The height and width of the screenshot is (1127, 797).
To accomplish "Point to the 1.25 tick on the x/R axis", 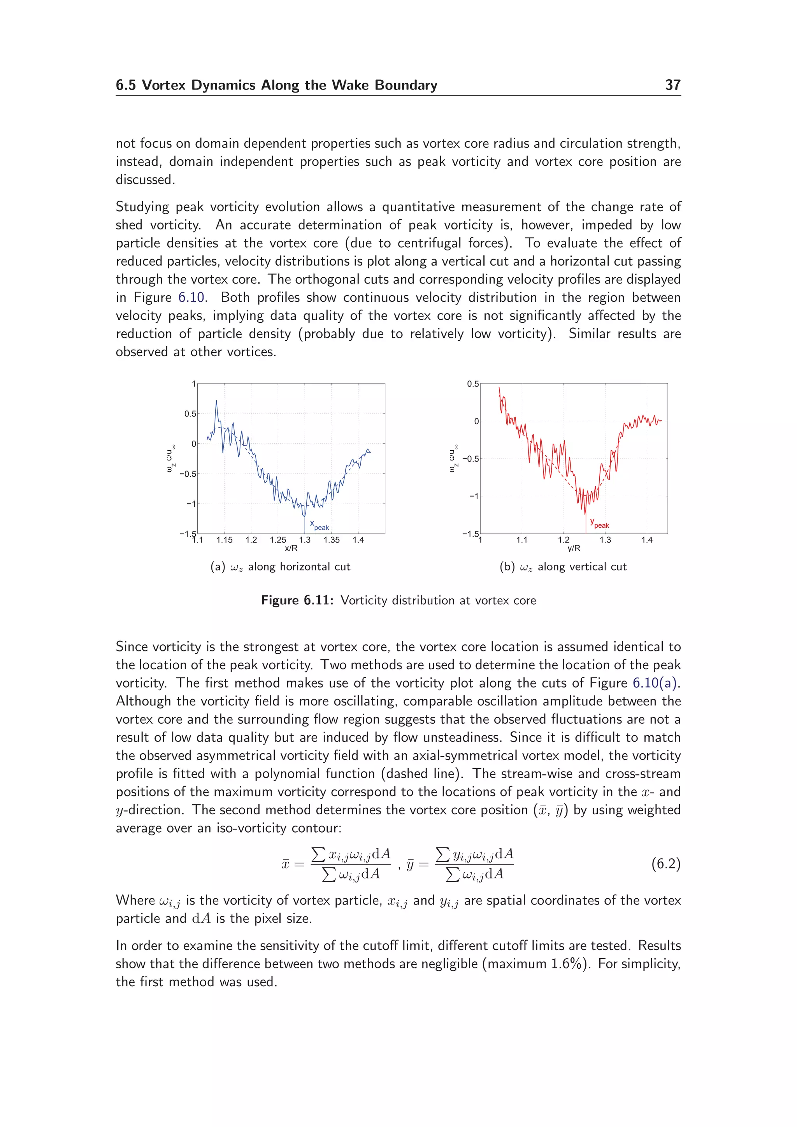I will click(x=278, y=540).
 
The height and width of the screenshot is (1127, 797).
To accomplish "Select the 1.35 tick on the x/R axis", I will click(x=332, y=540).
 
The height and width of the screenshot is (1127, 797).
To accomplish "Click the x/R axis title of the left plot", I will click(x=291, y=548).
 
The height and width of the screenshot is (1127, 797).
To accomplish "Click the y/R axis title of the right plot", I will click(x=574, y=548).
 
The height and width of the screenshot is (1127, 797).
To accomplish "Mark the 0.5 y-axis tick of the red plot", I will click(x=472, y=384).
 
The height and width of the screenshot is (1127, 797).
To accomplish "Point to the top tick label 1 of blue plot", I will click(x=194, y=384).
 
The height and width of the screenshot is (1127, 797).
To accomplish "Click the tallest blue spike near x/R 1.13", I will click(x=216, y=401).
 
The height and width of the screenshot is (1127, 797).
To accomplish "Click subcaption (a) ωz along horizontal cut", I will click(x=281, y=567).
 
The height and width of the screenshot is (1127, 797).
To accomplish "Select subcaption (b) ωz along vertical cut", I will click(x=563, y=567).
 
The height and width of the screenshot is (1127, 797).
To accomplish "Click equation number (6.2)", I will click(x=665, y=863).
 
